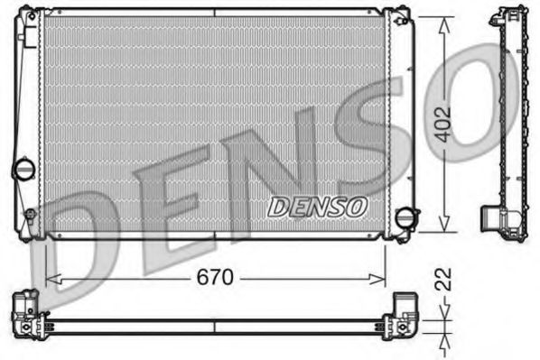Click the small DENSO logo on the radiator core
pos(317,206)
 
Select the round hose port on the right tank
pos(409,217)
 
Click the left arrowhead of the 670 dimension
pos(50,280)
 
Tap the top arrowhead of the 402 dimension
pos(443,23)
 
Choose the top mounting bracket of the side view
pos(505,17)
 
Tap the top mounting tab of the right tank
pos(398,14)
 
